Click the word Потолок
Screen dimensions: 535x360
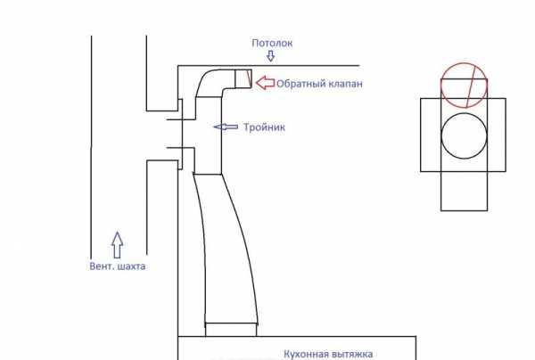[x=272, y=44]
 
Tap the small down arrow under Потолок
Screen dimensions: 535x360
[x=270, y=56]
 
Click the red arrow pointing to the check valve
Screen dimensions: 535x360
[x=265, y=83]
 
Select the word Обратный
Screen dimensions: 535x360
[x=297, y=84]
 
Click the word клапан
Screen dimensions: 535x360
[x=342, y=84]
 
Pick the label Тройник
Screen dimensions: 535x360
[x=264, y=127]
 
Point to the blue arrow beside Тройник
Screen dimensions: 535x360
[x=226, y=127]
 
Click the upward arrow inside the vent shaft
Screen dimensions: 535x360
[x=117, y=245]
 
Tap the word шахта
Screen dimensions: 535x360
[x=131, y=266]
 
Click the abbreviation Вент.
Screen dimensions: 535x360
[x=102, y=266]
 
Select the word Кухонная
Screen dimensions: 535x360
[x=304, y=354]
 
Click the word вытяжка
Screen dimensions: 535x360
[x=350, y=355]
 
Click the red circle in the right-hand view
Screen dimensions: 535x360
[x=441, y=86]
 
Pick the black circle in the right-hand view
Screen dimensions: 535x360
[x=441, y=135]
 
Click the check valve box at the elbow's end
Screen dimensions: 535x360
[x=243, y=78]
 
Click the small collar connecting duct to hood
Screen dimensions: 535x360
[x=231, y=330]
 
